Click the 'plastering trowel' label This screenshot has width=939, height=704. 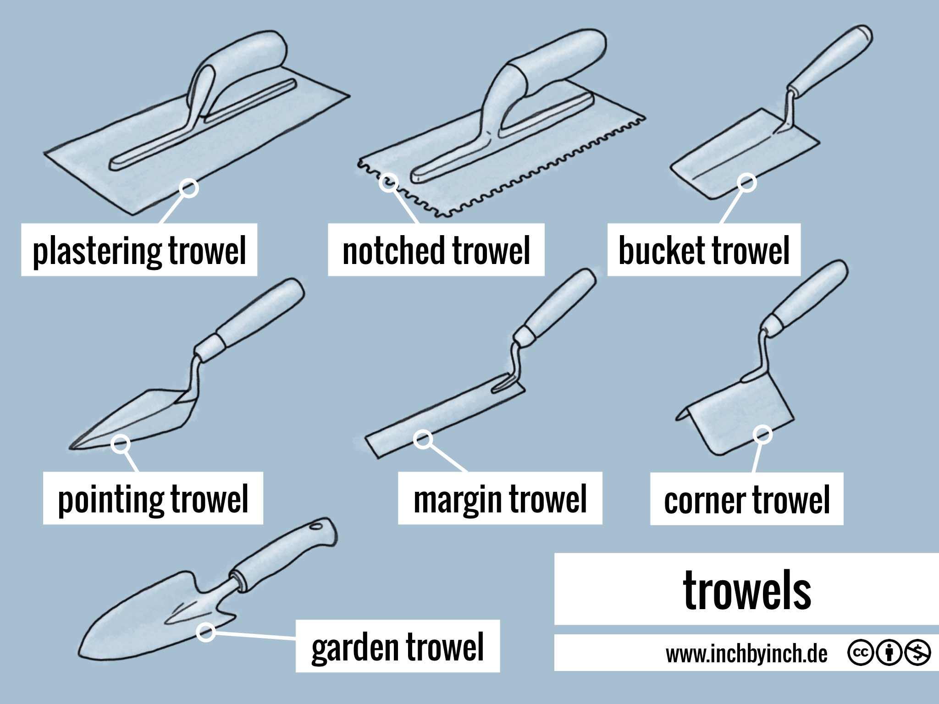(139, 250)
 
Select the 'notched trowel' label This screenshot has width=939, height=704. (436, 250)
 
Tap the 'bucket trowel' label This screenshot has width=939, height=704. (704, 250)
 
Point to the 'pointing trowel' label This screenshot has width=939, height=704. (153, 499)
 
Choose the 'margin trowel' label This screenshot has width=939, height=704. (500, 499)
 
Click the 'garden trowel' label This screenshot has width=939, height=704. (398, 646)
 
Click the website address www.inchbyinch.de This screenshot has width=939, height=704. (746, 654)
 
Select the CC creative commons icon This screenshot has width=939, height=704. (861, 652)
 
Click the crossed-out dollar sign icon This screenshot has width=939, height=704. (917, 652)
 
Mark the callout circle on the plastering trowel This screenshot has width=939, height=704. (188, 188)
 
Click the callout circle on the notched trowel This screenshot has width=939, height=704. (389, 182)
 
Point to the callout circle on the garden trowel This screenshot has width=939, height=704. (206, 632)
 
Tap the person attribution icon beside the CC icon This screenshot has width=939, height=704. (889, 652)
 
